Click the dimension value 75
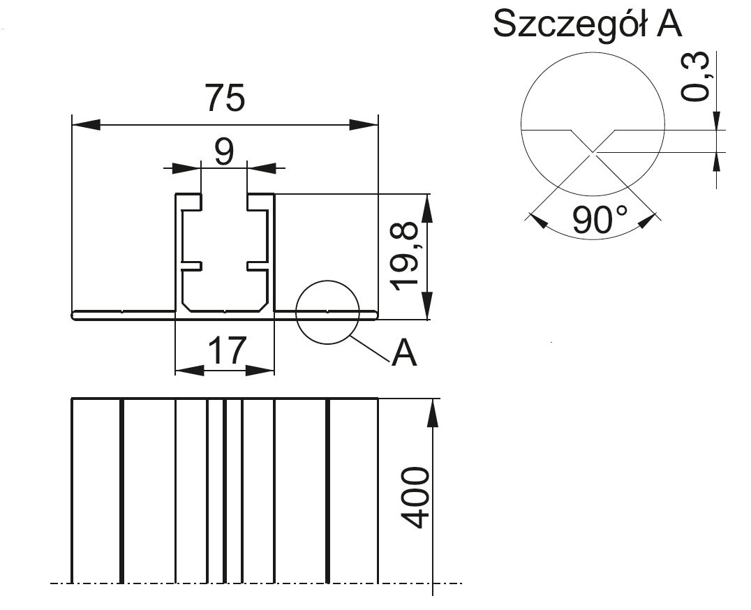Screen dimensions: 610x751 pos(225,98)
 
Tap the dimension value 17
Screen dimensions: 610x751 pos(228,350)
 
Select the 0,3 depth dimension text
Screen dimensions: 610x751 pos(696,77)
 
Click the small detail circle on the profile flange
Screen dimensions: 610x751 pos(327,313)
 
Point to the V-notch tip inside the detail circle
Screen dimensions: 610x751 pos(593,151)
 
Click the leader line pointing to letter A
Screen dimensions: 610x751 pos(369,348)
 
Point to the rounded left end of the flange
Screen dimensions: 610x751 pos(75,315)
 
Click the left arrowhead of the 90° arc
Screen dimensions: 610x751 pos(537,221)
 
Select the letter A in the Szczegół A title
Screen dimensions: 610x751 pos(668,24)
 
